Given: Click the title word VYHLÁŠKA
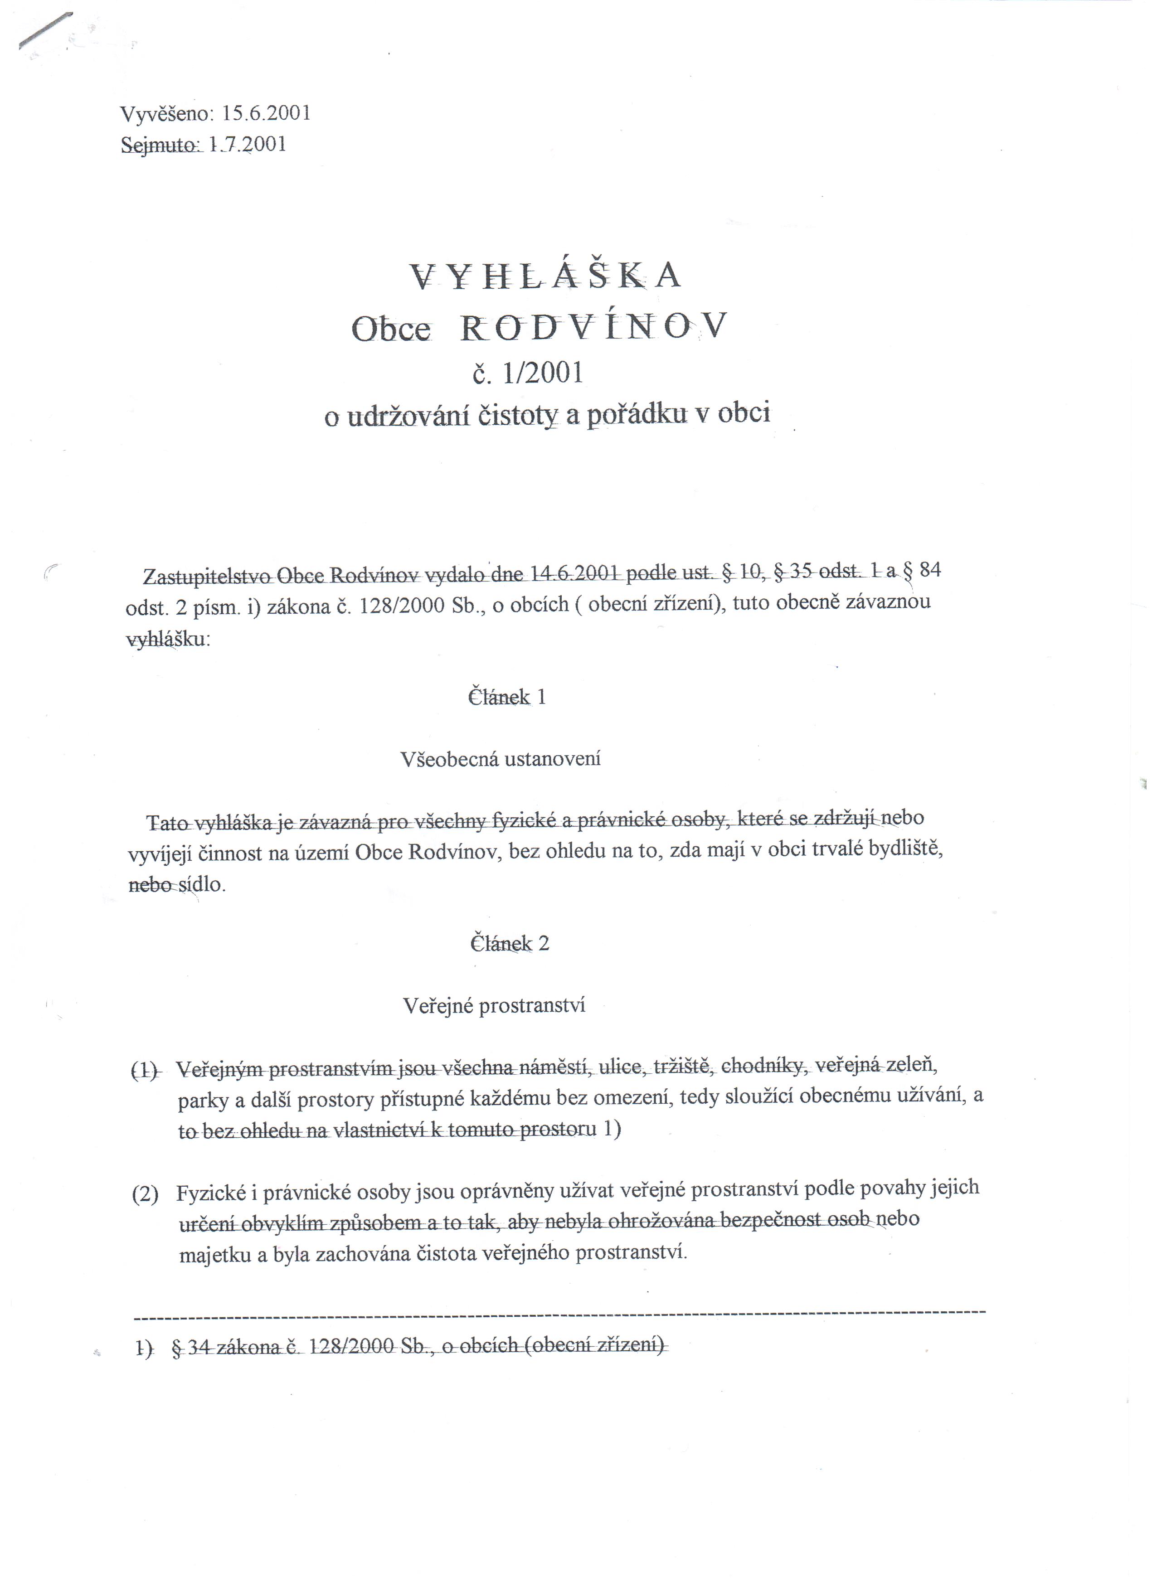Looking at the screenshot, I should coord(544,276).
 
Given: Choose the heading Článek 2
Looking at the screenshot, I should coord(510,944).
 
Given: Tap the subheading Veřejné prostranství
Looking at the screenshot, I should coord(494,1006).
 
